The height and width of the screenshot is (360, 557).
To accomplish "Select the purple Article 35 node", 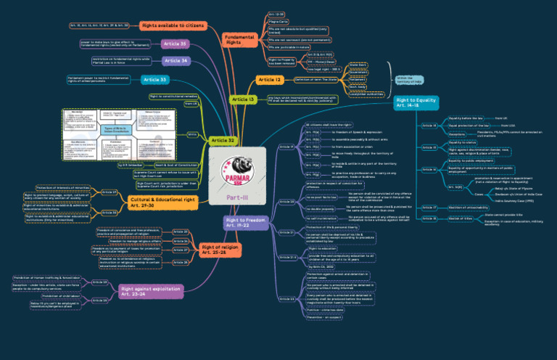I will coord(174,44).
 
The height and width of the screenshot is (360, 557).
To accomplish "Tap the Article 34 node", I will coord(176,60).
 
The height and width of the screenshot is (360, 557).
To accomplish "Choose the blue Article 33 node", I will coord(154,78).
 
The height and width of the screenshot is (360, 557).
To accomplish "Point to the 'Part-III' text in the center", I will coord(238,196).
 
